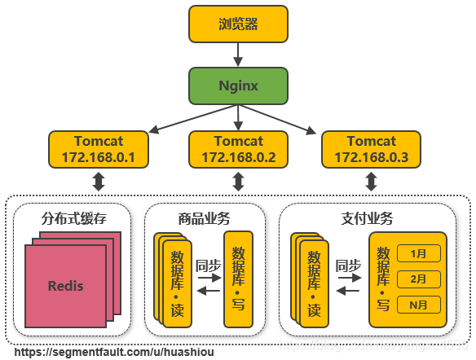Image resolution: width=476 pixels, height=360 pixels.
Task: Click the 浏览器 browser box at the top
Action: coord(238,24)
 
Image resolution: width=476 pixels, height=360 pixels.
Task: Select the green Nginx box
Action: coord(238,86)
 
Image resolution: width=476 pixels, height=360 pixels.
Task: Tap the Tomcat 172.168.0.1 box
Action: coord(99,148)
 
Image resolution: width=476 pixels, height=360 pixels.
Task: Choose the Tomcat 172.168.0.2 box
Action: coord(238,148)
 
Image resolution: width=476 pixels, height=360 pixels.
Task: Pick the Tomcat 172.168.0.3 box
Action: coord(372,148)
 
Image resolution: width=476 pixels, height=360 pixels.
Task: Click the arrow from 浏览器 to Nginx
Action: coord(238,55)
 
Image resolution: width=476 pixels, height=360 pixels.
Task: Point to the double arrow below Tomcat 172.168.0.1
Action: coord(99,181)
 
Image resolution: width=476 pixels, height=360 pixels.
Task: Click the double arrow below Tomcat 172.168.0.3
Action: coord(372,181)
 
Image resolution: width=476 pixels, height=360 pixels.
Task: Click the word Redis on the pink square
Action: coord(65,286)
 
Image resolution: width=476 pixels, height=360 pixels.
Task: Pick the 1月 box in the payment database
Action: coord(418,253)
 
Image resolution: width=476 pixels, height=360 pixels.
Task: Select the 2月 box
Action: coord(418,279)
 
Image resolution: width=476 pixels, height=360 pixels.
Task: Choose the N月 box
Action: coord(418,305)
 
